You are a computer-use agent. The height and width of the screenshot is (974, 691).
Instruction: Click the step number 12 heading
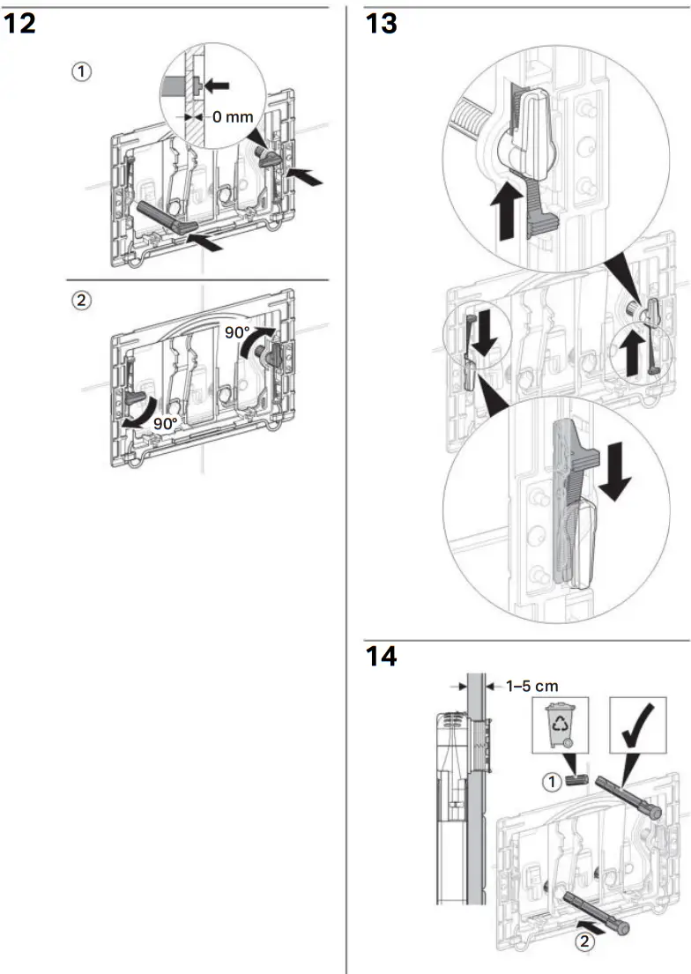20,24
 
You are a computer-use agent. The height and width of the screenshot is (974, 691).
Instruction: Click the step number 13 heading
382,24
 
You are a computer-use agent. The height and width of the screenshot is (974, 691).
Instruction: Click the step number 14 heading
382,657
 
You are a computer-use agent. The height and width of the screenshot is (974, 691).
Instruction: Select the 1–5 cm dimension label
532,685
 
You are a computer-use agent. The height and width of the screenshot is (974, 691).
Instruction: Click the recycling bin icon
561,725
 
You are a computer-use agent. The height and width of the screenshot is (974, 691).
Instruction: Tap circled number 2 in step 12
81,300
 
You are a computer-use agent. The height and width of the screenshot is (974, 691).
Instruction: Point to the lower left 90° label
165,423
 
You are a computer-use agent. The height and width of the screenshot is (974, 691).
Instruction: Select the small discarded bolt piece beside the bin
576,780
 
